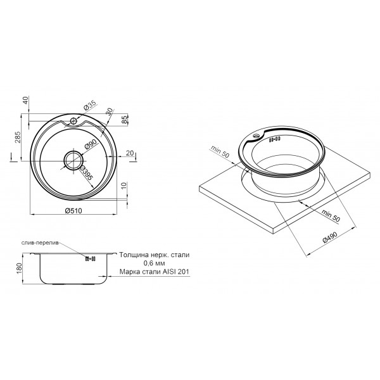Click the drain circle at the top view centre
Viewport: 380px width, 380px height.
click(73, 158)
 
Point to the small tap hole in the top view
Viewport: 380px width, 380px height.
click(73, 120)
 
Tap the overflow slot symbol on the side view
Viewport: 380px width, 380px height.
click(89, 258)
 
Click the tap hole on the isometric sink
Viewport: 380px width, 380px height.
click(256, 135)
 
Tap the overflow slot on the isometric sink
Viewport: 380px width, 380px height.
click(274, 139)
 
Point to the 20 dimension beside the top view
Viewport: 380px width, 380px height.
click(129, 153)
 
